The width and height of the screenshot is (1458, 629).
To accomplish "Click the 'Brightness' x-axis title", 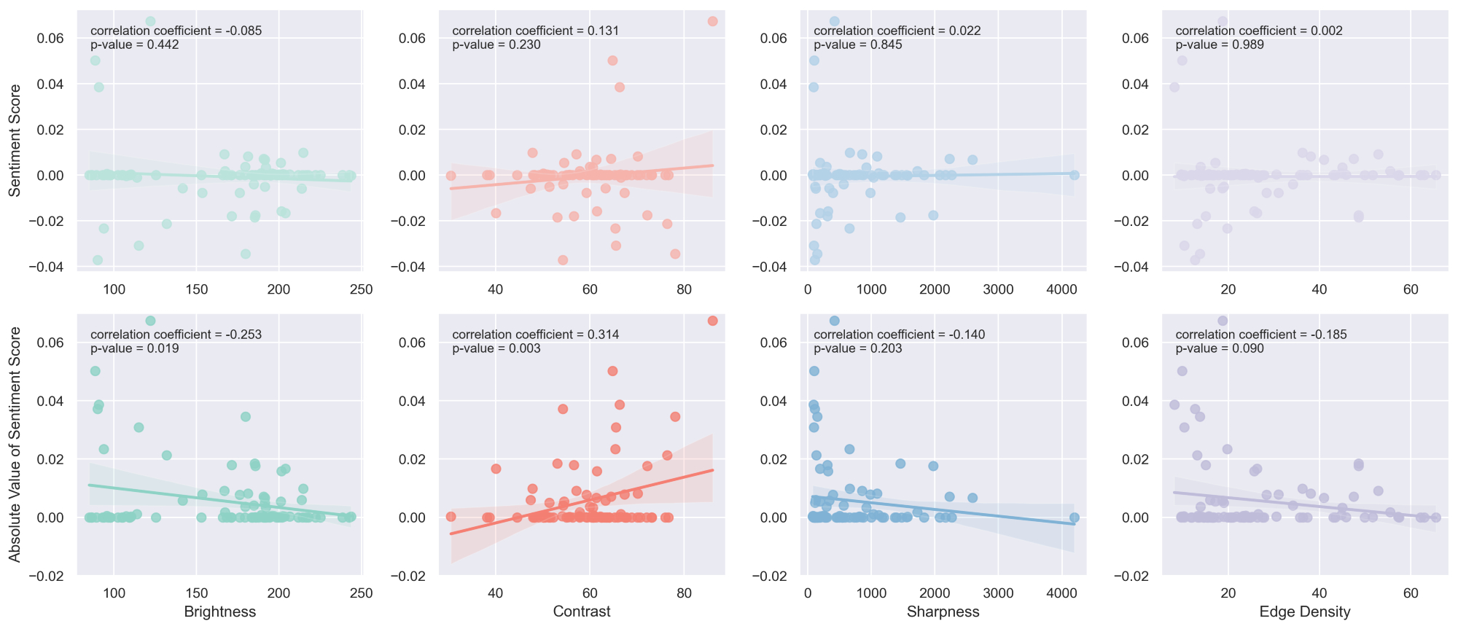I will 220,612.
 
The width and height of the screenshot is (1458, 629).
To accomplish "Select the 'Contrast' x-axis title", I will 582,612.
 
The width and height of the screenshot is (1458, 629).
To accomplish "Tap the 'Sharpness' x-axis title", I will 943,612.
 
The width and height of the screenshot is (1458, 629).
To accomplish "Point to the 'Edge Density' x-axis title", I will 1305,612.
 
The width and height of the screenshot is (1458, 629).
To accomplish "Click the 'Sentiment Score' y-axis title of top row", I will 15,141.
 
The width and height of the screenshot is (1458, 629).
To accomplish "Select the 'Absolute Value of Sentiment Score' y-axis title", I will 15,445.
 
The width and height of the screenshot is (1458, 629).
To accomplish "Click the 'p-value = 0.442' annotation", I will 135,44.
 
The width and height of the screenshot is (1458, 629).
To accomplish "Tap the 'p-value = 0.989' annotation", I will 1220,44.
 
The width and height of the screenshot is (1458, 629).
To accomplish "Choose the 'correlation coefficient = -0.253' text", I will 176,335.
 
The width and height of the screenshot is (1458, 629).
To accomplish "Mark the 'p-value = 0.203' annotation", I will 858,348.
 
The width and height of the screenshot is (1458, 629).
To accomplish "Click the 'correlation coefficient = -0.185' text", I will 1261,335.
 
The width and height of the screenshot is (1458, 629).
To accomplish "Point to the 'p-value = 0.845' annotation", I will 858,44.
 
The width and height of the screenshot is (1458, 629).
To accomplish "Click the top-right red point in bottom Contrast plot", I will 712,321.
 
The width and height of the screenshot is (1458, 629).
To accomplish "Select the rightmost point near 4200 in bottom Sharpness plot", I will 1074,517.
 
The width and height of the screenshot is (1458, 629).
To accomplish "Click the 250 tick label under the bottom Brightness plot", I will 362,593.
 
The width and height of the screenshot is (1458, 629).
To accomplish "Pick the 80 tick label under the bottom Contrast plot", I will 684,593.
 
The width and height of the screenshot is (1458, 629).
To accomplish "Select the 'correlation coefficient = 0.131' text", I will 536,31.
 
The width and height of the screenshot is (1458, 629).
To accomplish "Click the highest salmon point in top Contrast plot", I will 712,21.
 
